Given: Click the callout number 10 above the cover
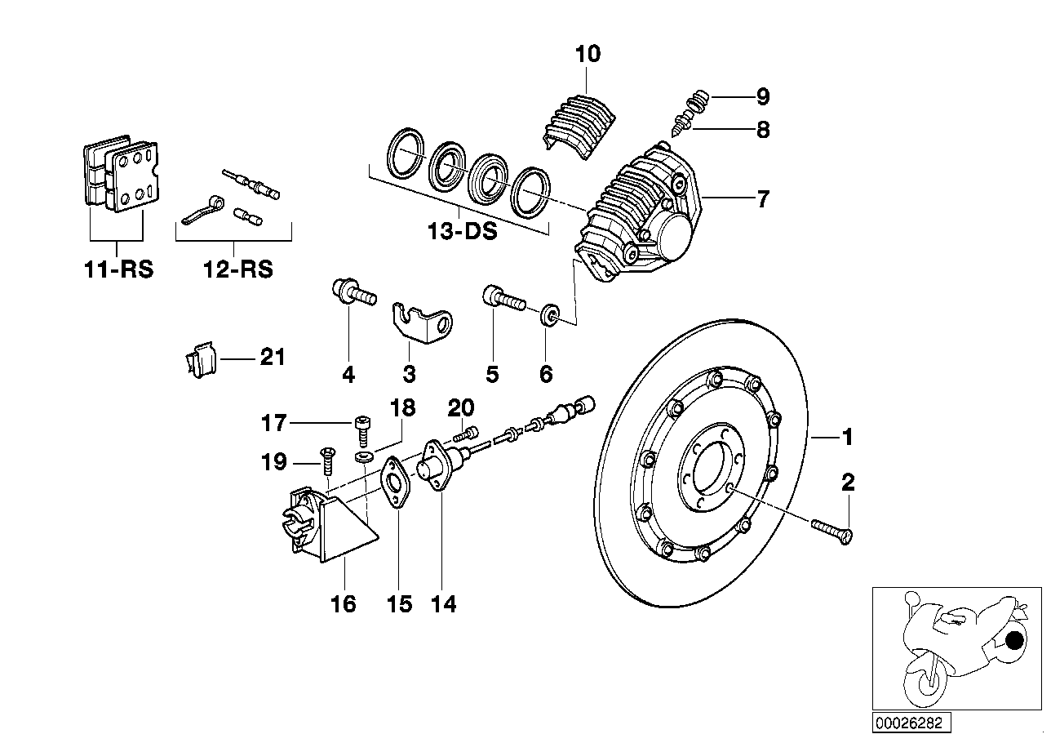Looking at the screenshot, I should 588,55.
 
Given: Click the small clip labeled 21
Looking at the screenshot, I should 197,359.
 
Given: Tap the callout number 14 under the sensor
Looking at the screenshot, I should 444,604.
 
